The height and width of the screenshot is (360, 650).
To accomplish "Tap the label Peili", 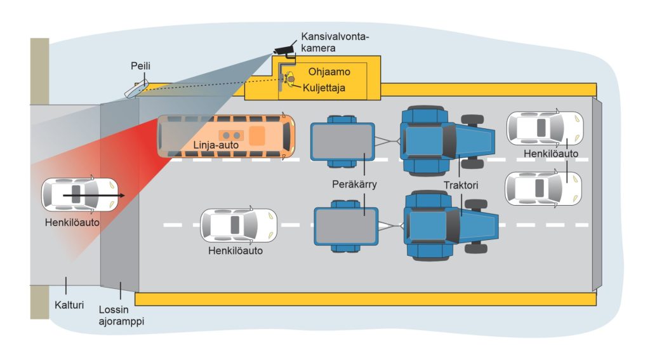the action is [x=140, y=66].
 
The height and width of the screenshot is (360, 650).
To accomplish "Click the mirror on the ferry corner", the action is [x=136, y=89].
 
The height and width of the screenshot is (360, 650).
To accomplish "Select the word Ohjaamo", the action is [x=329, y=72].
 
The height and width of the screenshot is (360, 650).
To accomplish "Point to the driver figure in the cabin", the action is [x=289, y=79].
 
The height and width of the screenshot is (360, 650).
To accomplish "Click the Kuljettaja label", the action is [x=324, y=88].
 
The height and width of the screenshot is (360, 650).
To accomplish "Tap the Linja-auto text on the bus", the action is [x=216, y=145].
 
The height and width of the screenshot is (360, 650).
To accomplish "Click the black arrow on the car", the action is [x=94, y=195].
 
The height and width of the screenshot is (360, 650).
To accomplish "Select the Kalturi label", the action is [x=69, y=305].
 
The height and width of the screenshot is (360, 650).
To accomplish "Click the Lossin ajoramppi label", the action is [x=121, y=315].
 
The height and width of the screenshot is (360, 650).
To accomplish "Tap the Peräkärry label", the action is [x=354, y=183].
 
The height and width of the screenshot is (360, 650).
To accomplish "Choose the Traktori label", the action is [x=461, y=185].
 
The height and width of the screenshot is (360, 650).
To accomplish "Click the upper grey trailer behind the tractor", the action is [x=343, y=142].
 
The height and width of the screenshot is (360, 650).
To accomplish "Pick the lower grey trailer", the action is [x=346, y=226].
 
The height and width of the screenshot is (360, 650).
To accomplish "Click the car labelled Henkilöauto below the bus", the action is [x=239, y=225].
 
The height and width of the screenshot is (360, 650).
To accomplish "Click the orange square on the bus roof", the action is [x=256, y=136].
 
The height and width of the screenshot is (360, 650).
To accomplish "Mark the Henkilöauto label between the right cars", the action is [x=551, y=154].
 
